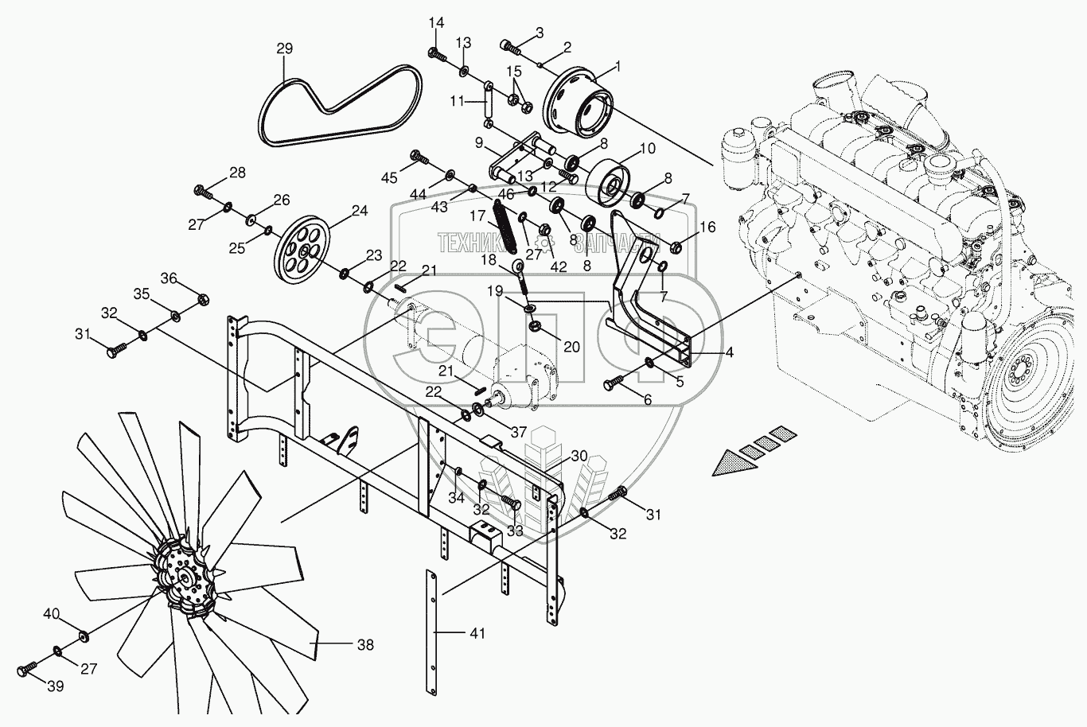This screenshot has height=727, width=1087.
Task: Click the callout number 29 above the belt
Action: (x=285, y=49)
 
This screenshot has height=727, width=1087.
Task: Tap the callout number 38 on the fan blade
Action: (x=364, y=645)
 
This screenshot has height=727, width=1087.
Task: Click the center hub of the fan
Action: (x=185, y=580)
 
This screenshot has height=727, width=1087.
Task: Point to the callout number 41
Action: (x=477, y=633)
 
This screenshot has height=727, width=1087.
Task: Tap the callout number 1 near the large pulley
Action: (x=620, y=67)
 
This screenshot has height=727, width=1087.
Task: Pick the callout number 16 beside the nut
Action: (x=708, y=227)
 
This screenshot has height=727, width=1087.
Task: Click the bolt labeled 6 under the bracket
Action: (x=614, y=386)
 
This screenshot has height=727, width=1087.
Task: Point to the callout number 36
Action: (x=169, y=278)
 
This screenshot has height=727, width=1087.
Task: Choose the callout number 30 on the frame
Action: (x=579, y=456)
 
